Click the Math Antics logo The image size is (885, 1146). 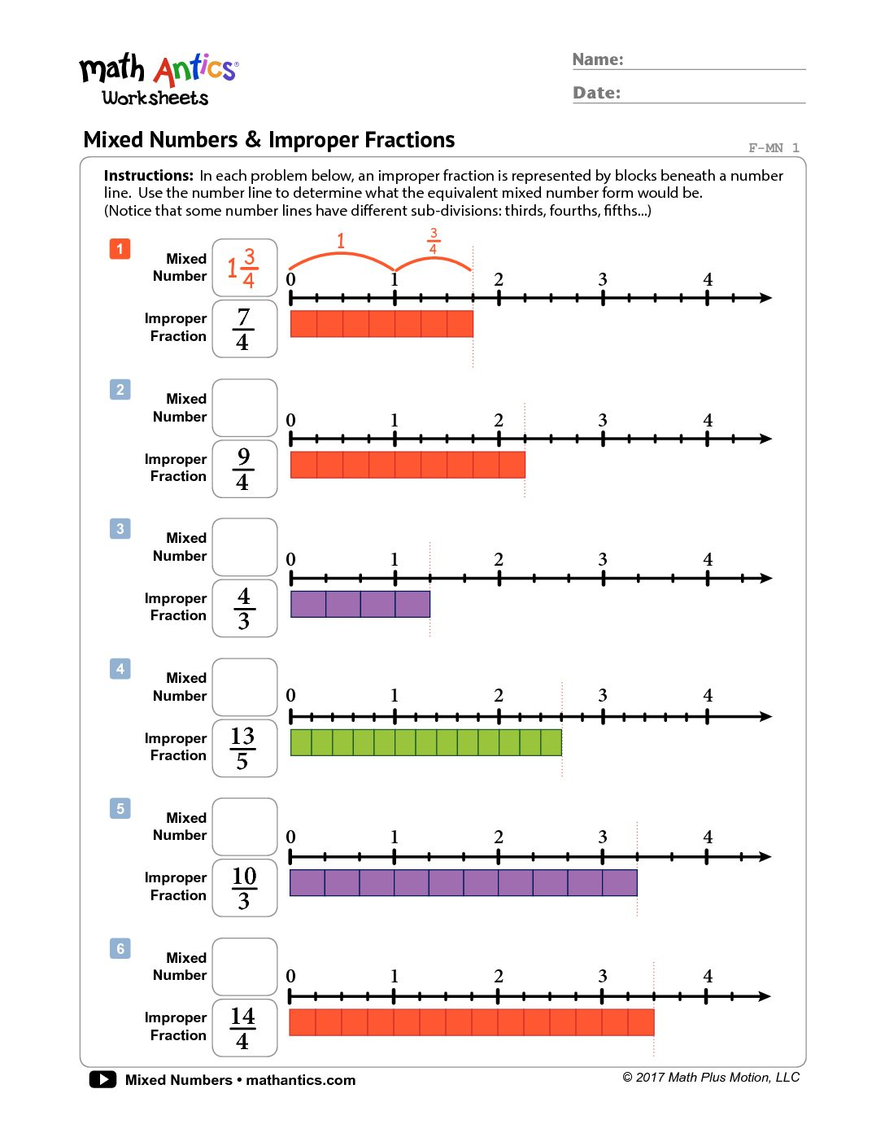[x=158, y=80]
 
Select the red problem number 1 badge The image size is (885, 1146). [x=120, y=248]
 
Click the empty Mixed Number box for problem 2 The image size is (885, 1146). [x=245, y=407]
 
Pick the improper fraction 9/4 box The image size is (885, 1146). [x=245, y=469]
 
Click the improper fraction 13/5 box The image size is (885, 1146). [x=245, y=748]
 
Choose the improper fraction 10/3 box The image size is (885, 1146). [x=245, y=888]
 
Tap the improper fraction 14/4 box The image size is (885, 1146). [x=245, y=1028]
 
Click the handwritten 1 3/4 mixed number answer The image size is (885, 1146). [x=243, y=268]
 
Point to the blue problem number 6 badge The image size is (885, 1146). [x=120, y=948]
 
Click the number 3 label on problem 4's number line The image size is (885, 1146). [x=603, y=696]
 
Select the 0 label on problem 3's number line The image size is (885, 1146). [x=291, y=560]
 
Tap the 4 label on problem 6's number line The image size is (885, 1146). [x=708, y=977]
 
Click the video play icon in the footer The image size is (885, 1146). [x=102, y=1079]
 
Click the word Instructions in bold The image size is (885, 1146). [x=149, y=176]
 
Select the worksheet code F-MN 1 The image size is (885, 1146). [x=774, y=148]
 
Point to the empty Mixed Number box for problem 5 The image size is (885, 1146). [x=245, y=826]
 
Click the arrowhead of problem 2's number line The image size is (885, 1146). [x=765, y=439]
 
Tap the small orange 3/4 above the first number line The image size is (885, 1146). [x=434, y=241]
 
